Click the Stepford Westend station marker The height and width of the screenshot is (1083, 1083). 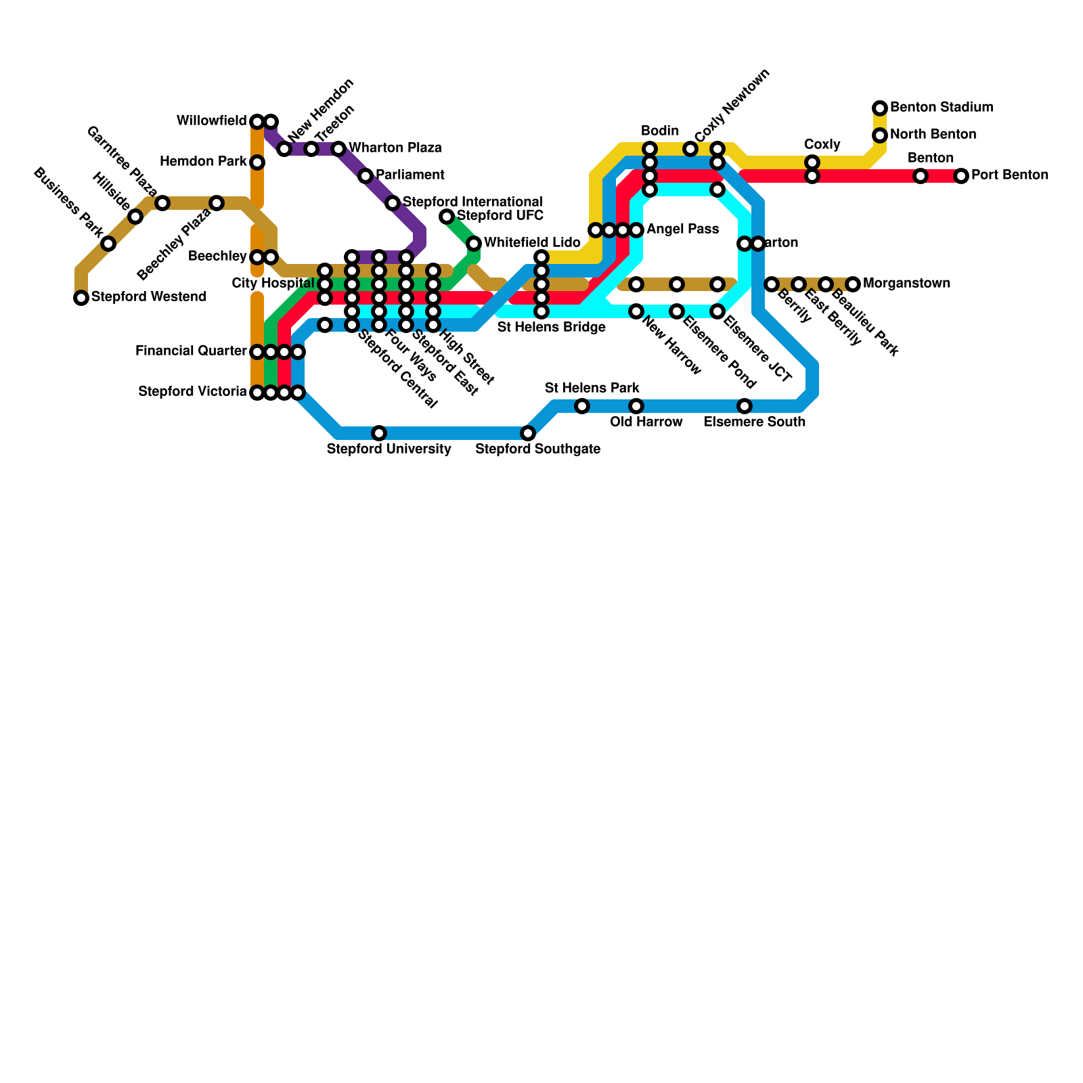pyautogui.click(x=81, y=298)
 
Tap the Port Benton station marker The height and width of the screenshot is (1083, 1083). pyautogui.click(x=961, y=176)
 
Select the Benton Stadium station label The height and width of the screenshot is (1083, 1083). pyautogui.click(x=941, y=108)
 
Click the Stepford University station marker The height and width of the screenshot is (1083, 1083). pyautogui.click(x=379, y=433)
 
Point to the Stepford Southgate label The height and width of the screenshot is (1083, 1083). pyautogui.click(x=537, y=449)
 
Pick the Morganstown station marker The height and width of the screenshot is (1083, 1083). pyautogui.click(x=853, y=284)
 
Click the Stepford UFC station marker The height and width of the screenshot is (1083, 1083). pyautogui.click(x=447, y=217)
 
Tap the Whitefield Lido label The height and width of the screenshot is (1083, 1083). pyautogui.click(x=532, y=242)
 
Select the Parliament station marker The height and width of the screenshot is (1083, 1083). pyautogui.click(x=366, y=176)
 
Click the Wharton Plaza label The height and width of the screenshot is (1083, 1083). pyautogui.click(x=395, y=148)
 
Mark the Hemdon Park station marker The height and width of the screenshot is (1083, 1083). pyautogui.click(x=257, y=162)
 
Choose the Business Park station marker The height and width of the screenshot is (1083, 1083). pyautogui.click(x=108, y=244)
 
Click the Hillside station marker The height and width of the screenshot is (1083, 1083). pyautogui.click(x=135, y=217)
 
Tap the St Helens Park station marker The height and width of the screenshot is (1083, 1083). pyautogui.click(x=582, y=406)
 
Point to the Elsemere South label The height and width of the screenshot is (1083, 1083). pyautogui.click(x=754, y=422)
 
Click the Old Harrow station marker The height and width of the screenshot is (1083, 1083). pyautogui.click(x=636, y=406)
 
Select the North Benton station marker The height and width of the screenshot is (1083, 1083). pyautogui.click(x=880, y=135)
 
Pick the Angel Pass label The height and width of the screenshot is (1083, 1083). pyautogui.click(x=682, y=229)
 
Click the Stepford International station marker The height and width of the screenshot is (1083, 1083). pyautogui.click(x=393, y=203)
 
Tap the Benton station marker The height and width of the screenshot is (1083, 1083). pyautogui.click(x=921, y=176)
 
